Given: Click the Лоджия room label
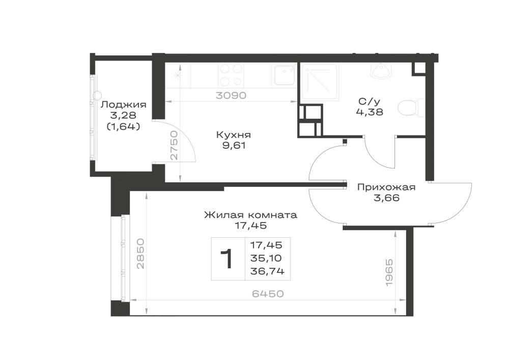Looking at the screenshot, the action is point(123,105).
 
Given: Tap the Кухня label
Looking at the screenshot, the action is point(234,135).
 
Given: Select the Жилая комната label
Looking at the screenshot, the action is point(250,215).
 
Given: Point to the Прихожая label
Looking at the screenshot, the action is point(386,187).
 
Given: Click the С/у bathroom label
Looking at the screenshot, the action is point(369,102).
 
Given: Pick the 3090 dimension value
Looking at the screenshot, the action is point(231,95).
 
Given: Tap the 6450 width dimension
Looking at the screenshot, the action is point(268,294).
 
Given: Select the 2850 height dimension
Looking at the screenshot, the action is point(140,254).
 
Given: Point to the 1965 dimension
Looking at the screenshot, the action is point(389,272).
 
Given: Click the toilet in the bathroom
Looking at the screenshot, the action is point(411,107).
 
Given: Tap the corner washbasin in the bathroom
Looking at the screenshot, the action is point(381,70).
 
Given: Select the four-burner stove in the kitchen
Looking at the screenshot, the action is point(231,74).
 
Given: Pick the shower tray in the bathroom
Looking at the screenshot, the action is point(320,81).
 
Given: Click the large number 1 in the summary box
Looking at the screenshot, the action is point(227,259).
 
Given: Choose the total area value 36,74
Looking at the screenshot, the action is point(267,271).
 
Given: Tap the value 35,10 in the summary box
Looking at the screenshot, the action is point(266,258).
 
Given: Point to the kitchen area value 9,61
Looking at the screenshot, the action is point(234,146).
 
